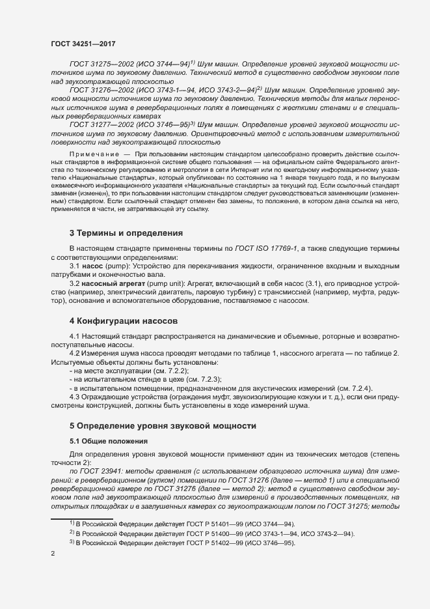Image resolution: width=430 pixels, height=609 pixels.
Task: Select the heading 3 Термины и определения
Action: [126, 233]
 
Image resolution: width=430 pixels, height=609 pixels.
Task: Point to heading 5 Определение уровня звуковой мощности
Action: [163, 425]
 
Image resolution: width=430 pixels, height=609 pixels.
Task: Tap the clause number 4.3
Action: [75, 397]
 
